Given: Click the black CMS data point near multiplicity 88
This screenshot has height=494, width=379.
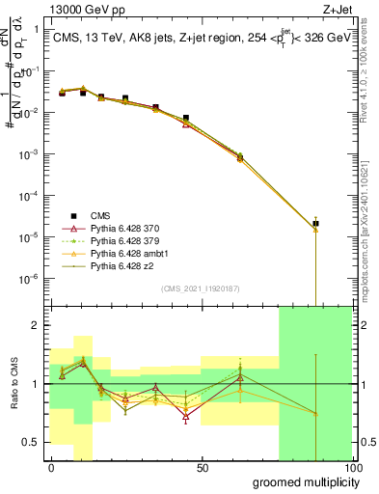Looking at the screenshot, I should (315, 224).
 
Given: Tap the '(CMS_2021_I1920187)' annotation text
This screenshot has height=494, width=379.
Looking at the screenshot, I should (201, 288).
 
